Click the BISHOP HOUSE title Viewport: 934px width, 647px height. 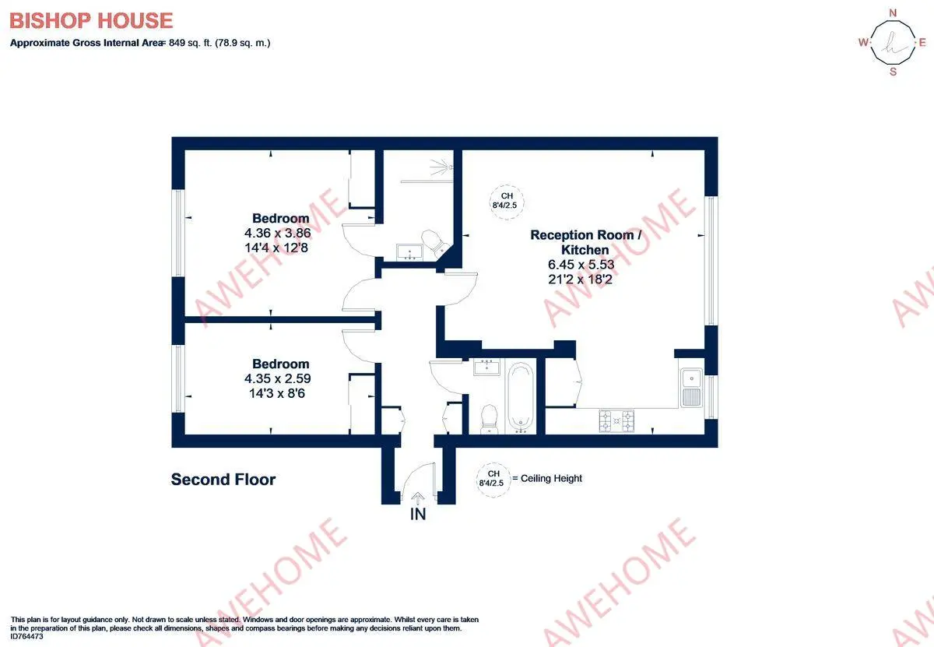91,21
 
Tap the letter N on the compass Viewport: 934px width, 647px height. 893,13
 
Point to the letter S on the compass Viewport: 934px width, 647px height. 893,72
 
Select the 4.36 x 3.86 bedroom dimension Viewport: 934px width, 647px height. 277,233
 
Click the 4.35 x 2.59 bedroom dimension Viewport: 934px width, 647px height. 277,378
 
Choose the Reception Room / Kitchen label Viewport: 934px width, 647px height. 585,242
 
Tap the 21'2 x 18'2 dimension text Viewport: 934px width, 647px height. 581,279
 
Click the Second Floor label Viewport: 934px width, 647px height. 223,480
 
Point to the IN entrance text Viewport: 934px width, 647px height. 418,515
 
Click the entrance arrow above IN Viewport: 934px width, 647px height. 418,498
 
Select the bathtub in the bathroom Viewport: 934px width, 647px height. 521,397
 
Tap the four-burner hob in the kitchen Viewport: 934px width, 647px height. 616,420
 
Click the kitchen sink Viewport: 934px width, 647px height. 691,388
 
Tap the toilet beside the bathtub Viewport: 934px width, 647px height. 489,419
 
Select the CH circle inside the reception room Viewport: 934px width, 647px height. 506,202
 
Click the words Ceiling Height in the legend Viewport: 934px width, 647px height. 551,479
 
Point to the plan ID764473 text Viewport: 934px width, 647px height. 26,637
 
